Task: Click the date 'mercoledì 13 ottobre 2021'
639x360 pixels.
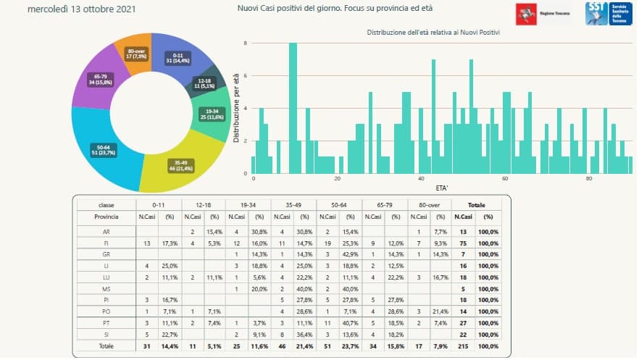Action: [80, 10]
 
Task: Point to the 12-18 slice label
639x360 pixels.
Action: [203, 83]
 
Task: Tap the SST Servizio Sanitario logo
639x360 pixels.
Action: [608, 13]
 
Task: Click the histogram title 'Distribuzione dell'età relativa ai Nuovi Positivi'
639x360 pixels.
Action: [433, 33]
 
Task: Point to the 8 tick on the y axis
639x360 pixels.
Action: [246, 43]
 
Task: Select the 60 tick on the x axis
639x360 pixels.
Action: [505, 179]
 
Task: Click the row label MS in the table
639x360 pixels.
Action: [106, 288]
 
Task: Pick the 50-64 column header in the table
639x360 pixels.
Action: [338, 205]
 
